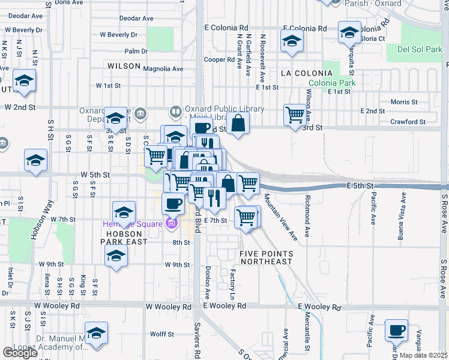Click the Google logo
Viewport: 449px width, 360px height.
20,353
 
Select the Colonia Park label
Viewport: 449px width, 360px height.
332,83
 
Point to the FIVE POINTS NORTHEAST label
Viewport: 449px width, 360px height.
266,257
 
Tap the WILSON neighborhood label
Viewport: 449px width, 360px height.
124,66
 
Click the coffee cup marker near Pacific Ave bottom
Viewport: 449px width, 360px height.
396,330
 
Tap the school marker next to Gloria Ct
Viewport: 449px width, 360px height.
349,32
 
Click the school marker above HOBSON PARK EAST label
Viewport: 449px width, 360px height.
124,212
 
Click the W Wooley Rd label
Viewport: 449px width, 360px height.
58,306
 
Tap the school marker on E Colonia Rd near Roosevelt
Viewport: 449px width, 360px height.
292,41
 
